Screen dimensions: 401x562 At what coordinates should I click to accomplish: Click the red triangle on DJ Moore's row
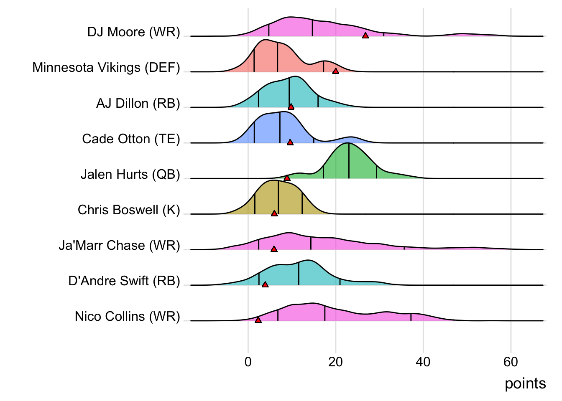pyautogui.click(x=365, y=36)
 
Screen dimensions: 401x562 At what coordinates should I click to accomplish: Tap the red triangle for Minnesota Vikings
pyautogui.click(x=335, y=71)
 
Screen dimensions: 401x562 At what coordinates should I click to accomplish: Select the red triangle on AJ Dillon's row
pyautogui.click(x=291, y=107)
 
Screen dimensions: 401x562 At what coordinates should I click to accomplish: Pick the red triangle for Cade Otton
pyautogui.click(x=290, y=142)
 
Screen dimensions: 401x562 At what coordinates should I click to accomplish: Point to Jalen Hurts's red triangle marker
pyautogui.click(x=287, y=178)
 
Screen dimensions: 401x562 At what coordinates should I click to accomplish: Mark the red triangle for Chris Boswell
pyautogui.click(x=274, y=213)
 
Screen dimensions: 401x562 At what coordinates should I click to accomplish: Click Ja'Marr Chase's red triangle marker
pyautogui.click(x=274, y=249)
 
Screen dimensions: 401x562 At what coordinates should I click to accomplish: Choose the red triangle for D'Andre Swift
pyautogui.click(x=265, y=284)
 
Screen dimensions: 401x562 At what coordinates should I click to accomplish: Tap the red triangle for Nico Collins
pyautogui.click(x=258, y=320)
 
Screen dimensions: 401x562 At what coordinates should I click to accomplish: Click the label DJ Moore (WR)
pyautogui.click(x=133, y=32)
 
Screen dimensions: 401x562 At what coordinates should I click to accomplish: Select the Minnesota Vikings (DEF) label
pyautogui.click(x=106, y=68)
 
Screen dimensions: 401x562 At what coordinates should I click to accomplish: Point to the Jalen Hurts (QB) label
pyautogui.click(x=130, y=174)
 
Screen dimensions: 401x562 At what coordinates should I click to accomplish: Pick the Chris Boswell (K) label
pyautogui.click(x=129, y=210)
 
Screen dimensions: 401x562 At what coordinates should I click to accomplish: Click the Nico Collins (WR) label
pyautogui.click(x=127, y=316)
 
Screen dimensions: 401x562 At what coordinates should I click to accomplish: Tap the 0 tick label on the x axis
pyautogui.click(x=248, y=362)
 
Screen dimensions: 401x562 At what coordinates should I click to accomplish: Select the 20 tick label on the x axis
pyautogui.click(x=335, y=362)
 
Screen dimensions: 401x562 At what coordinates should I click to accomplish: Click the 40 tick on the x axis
pyautogui.click(x=423, y=362)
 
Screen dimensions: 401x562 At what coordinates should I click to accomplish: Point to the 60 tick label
pyautogui.click(x=511, y=362)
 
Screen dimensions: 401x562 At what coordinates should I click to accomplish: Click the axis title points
pyautogui.click(x=525, y=383)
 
